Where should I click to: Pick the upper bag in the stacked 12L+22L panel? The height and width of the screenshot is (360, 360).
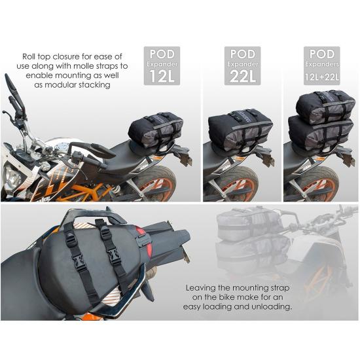[x=325, y=105]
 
